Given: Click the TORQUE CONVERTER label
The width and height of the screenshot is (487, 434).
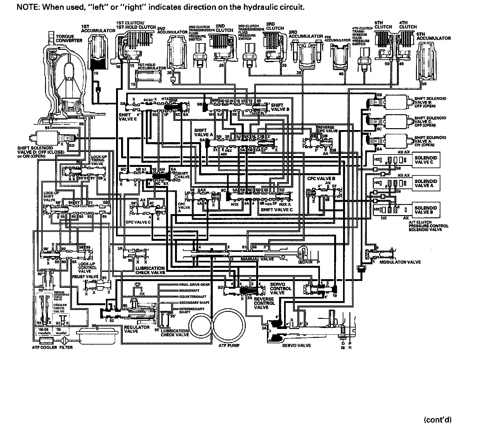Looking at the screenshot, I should pos(69,38).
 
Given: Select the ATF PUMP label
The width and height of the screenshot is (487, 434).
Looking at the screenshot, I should pos(229,345).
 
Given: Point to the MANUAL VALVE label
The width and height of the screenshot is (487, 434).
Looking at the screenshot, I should pos(257,259).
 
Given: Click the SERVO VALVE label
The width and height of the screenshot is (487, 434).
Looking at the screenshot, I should pos(296,345).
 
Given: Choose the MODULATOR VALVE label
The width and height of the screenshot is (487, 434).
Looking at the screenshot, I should pos(400,262).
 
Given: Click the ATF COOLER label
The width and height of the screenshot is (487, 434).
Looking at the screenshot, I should pos(44,347).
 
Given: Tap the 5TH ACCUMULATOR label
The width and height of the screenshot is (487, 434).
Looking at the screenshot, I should pos(433,36).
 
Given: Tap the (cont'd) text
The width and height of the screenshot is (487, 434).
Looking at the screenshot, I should pos(437,420).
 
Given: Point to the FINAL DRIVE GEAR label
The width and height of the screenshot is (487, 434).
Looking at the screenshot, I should pos(194,285).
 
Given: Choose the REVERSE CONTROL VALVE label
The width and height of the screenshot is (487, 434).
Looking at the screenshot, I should pos(264,303).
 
